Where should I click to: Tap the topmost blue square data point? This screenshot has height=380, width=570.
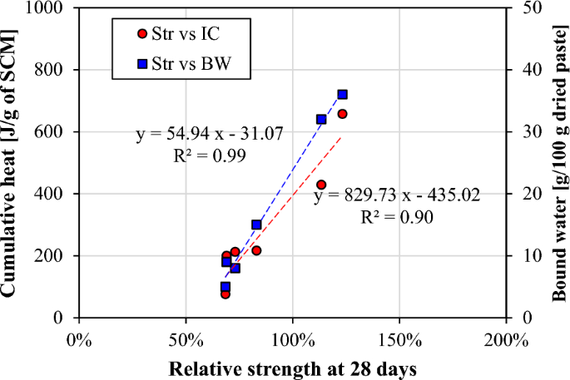[x=342, y=95]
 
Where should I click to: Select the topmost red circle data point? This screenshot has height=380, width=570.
[x=342, y=114]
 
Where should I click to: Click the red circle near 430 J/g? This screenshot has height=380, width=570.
[x=321, y=185]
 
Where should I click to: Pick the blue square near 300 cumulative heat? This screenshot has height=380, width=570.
[x=256, y=225]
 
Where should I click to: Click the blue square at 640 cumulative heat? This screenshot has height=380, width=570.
[x=321, y=119]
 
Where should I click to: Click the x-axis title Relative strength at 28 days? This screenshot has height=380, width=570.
[x=292, y=368]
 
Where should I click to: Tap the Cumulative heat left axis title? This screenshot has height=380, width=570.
[x=12, y=163]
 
